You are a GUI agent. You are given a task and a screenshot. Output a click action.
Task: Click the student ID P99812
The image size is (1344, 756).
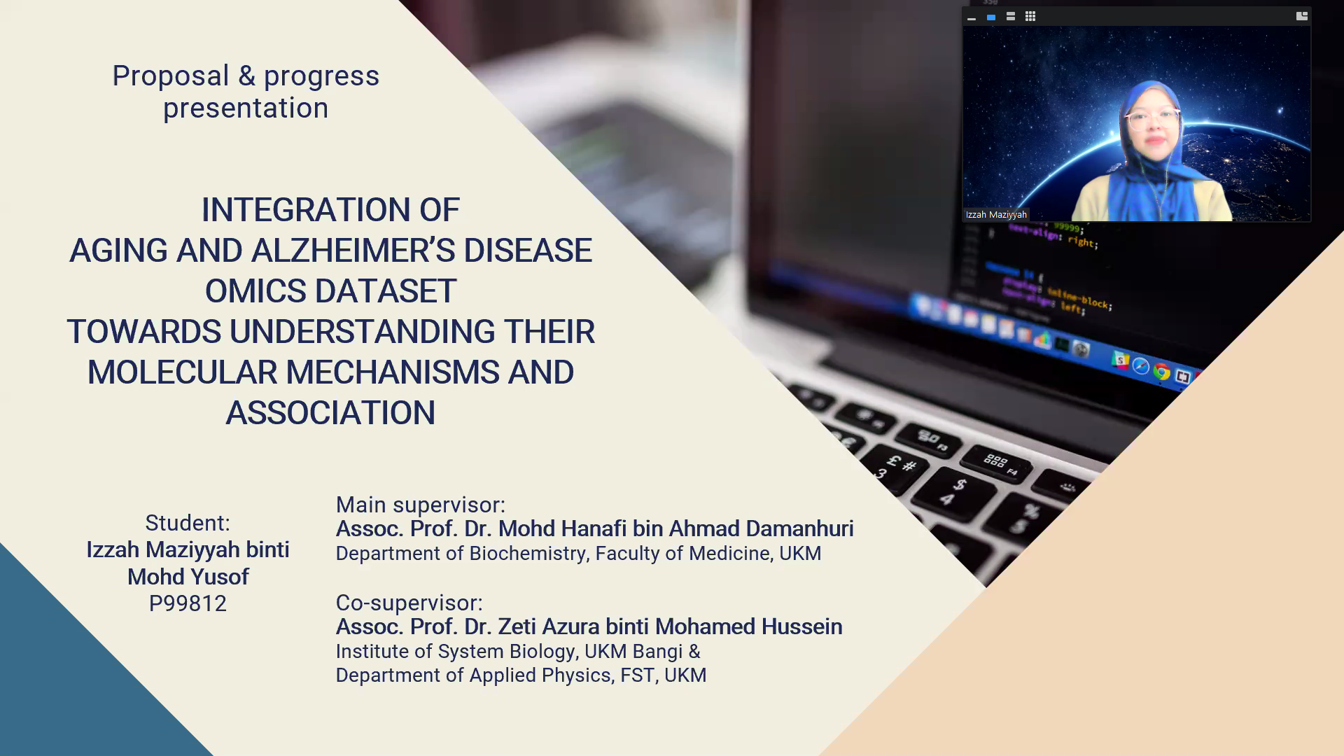188,603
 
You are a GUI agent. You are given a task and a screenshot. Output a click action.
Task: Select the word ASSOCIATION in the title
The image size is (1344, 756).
330,413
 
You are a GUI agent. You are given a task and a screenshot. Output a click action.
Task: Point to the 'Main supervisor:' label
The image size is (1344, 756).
421,505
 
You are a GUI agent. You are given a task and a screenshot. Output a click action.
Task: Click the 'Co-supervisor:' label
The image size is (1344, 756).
409,603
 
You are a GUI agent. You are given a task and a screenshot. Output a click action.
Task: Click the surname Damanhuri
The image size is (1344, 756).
799,528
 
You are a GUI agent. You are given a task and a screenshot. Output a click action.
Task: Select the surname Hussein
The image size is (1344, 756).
802,626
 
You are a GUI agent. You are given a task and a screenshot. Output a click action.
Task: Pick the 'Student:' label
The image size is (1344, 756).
188,523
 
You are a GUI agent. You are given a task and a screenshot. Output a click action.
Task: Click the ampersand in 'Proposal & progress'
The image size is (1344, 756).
246,76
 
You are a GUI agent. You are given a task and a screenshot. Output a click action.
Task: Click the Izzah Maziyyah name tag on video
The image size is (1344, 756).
996,215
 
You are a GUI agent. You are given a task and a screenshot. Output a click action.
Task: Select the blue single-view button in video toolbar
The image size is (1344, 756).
991,17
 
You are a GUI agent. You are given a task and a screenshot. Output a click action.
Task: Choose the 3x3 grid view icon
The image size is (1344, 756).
1030,16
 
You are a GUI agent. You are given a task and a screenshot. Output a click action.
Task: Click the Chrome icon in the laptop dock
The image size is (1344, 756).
1162,372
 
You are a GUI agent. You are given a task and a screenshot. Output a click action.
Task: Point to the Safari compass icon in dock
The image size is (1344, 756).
1141,366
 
